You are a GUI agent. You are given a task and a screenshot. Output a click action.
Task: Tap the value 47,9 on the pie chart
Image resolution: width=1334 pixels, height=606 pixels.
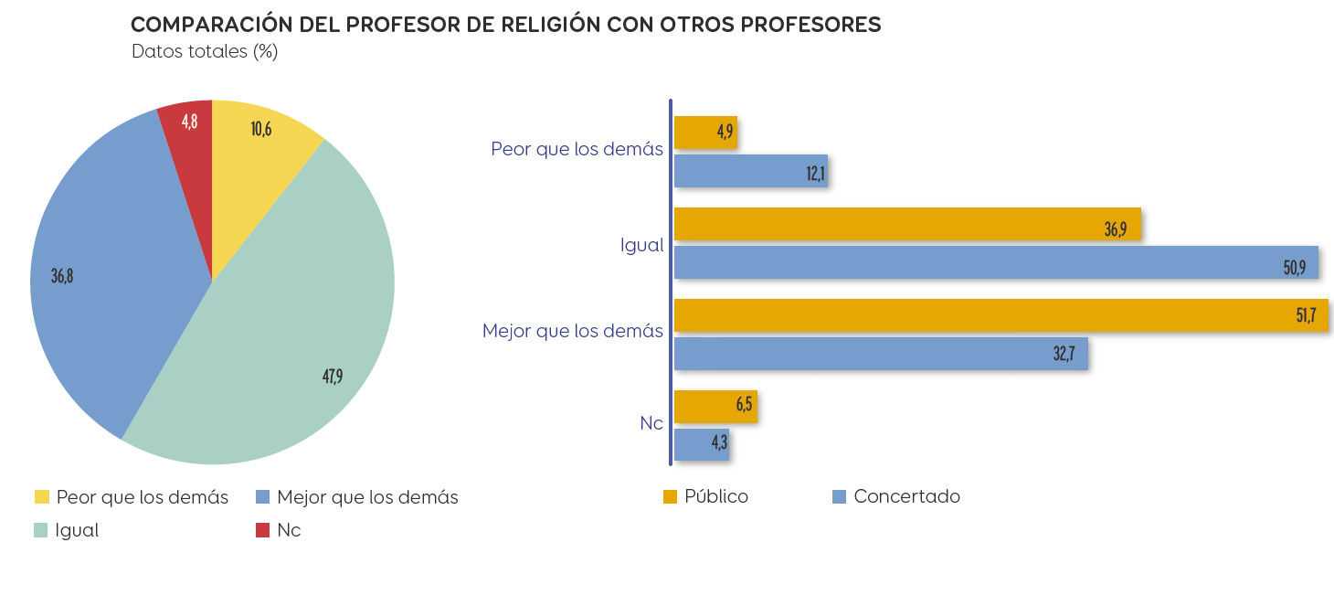tap(332, 376)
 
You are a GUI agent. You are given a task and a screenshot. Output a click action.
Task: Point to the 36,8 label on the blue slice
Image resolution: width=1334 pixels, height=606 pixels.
tap(62, 276)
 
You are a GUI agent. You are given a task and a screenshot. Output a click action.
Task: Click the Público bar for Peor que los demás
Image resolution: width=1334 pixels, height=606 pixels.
tap(704, 133)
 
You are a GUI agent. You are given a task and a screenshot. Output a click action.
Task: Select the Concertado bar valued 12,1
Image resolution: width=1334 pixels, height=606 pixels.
tap(749, 171)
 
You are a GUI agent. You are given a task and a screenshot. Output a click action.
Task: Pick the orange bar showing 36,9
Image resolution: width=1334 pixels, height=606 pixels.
tap(906, 224)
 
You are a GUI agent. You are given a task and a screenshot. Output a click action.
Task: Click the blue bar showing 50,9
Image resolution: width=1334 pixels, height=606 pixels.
tap(995, 262)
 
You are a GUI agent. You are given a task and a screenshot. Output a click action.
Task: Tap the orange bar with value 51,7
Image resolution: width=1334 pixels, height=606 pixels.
tap(1000, 315)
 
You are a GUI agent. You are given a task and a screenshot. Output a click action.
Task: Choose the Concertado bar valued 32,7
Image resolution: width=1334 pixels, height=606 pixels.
tap(880, 353)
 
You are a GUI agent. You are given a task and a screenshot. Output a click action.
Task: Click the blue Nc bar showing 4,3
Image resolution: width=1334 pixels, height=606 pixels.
tap(701, 445)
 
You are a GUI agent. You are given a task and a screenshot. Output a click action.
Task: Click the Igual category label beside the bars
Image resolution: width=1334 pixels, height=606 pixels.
tap(641, 245)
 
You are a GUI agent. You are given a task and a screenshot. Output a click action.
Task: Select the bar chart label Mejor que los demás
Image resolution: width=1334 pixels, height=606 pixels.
tap(573, 331)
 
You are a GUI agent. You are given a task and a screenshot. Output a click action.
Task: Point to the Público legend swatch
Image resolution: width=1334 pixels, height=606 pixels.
tap(670, 497)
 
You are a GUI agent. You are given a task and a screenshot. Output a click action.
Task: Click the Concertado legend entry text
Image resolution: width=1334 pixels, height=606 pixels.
tap(906, 496)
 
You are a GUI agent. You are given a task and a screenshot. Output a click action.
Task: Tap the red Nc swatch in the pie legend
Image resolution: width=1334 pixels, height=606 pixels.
tap(262, 530)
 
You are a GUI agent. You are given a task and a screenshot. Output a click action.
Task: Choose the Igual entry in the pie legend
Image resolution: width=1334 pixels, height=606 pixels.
tap(77, 530)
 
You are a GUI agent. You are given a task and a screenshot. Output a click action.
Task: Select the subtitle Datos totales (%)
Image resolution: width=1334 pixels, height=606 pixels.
tap(205, 51)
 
